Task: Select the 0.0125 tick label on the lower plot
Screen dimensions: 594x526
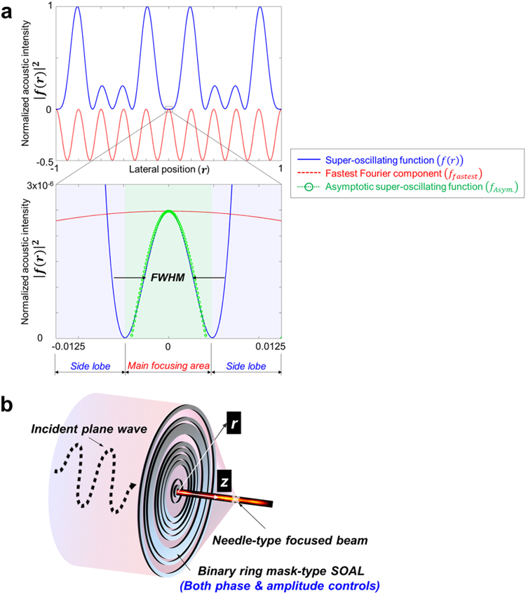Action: pos(269,347)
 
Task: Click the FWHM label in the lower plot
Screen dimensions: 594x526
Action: pos(168,278)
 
